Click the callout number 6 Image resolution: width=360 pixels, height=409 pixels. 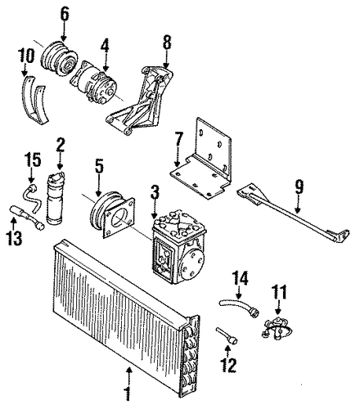pyautogui.click(x=65, y=15)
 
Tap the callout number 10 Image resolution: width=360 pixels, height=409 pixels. pyautogui.click(x=26, y=56)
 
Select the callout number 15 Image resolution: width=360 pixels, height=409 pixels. pyautogui.click(x=33, y=160)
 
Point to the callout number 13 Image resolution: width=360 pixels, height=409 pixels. pyautogui.click(x=14, y=237)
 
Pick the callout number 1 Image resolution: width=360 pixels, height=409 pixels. pyautogui.click(x=128, y=393)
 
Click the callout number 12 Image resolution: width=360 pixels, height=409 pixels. pyautogui.click(x=228, y=365)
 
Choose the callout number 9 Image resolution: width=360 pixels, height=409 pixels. pyautogui.click(x=299, y=188)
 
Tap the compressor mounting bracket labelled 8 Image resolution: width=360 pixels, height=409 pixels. pyautogui.click(x=141, y=100)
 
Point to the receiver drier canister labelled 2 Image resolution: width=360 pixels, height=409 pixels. pyautogui.click(x=56, y=198)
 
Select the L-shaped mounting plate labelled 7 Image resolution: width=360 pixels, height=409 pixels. pyautogui.click(x=201, y=161)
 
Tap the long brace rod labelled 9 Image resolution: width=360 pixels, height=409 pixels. pyautogui.click(x=293, y=214)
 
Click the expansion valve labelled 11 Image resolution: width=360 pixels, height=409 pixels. pyautogui.click(x=277, y=328)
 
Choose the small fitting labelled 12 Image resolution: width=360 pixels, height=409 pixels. pyautogui.click(x=227, y=335)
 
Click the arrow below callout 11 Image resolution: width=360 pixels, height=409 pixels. pyautogui.click(x=278, y=308)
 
